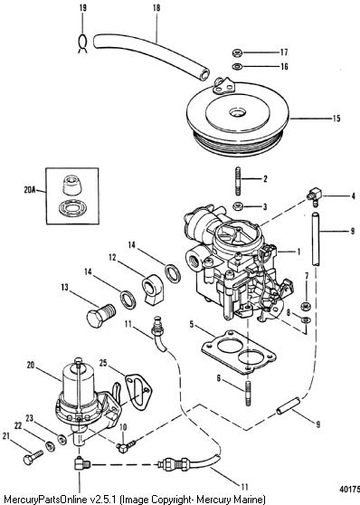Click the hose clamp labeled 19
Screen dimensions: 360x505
pos(82,43)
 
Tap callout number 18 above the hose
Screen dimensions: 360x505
pos(156,8)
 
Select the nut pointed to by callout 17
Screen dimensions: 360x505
pos(237,52)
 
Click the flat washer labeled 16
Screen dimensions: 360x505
pos(237,66)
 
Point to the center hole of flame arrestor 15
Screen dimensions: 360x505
pos(238,113)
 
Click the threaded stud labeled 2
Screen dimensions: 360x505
pos(238,181)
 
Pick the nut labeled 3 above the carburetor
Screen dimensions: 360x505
pos(238,205)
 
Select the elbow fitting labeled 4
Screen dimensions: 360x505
pos(314,195)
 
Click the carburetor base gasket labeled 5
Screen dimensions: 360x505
pos(239,352)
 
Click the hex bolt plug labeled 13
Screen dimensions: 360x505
pos(101,315)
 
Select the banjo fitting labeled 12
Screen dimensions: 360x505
pos(152,290)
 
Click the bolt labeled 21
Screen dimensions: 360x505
pos(33,456)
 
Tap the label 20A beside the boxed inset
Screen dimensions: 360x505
pos(29,190)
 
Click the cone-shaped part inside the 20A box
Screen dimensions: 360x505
pos(71,186)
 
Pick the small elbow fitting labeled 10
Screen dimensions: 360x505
pos(127,446)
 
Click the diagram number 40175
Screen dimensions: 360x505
pos(349,489)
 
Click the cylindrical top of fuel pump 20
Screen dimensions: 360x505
pos(79,383)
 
